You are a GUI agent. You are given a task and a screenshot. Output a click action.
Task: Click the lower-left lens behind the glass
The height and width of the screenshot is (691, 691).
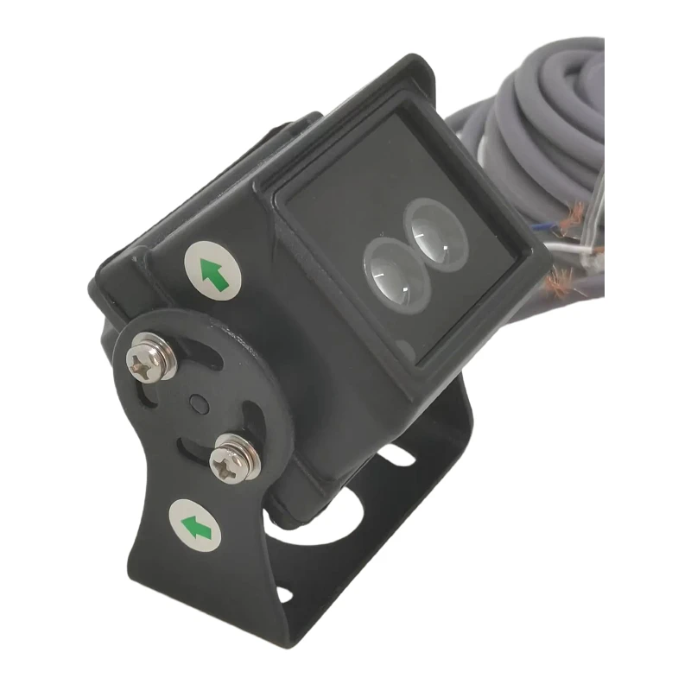[x=393, y=274]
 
